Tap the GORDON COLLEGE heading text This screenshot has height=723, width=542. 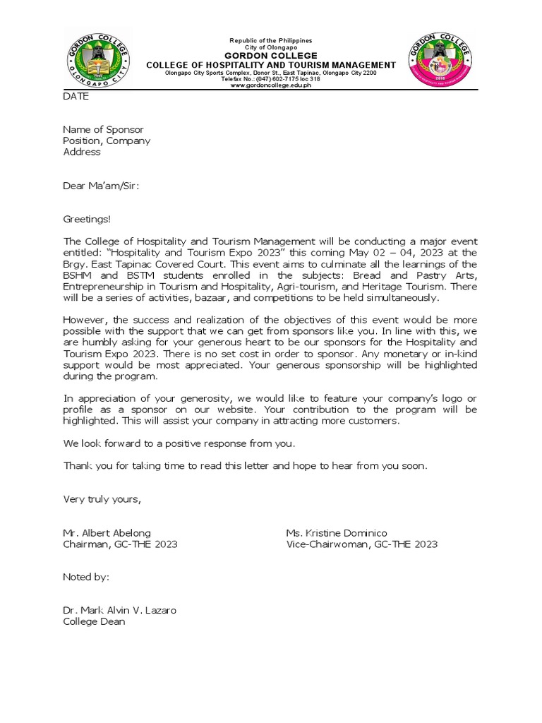tap(270, 56)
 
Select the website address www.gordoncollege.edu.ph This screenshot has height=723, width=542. tap(270, 85)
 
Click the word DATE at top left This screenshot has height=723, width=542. tap(76, 97)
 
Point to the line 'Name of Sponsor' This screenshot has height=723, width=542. tap(103, 130)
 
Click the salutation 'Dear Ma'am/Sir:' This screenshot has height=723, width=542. tap(101, 186)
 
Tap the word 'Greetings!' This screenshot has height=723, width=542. tap(87, 220)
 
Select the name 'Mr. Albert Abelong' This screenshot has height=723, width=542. tap(107, 533)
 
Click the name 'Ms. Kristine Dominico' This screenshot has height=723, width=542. tap(337, 533)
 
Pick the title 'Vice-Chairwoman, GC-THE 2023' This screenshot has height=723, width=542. tap(361, 544)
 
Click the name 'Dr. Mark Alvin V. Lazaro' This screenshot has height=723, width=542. tap(119, 611)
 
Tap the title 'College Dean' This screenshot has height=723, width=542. tap(94, 622)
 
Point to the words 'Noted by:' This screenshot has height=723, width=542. tap(86, 578)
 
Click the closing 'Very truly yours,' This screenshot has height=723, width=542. tap(102, 500)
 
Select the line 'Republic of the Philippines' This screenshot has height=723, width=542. tap(270, 41)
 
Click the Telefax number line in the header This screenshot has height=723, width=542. tap(270, 79)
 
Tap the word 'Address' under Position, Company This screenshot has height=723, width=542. tap(82, 152)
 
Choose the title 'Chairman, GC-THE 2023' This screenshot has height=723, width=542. tap(120, 544)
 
